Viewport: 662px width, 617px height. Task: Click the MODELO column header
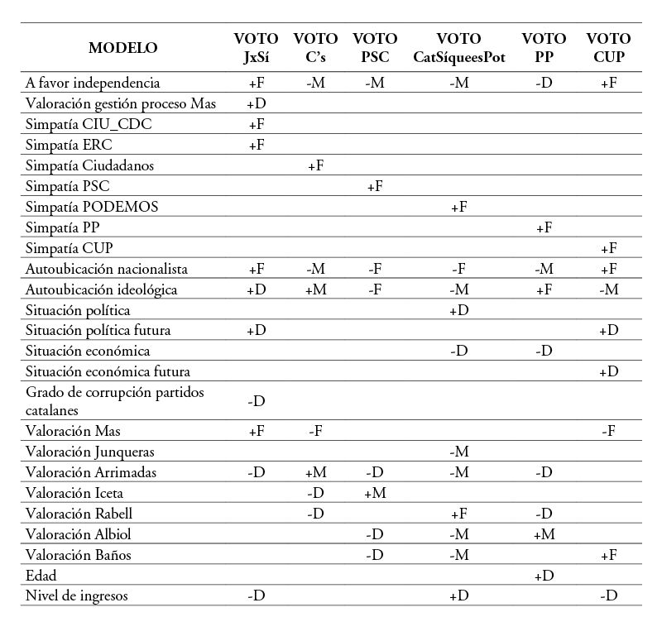[x=123, y=48]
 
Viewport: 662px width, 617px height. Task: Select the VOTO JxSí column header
[x=257, y=48]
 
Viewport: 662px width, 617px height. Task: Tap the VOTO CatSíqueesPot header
[x=458, y=48]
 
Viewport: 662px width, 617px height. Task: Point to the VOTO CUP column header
[x=608, y=48]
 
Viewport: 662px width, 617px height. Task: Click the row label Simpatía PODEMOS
[x=92, y=207]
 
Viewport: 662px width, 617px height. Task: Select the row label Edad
[x=41, y=574]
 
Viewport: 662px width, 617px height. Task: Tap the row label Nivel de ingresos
[x=77, y=595]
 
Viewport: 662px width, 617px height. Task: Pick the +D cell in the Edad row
[x=544, y=575]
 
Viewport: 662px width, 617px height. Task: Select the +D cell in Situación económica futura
[x=609, y=371]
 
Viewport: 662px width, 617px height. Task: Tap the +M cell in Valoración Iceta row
[x=375, y=493]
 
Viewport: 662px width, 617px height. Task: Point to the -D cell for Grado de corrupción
[x=257, y=401]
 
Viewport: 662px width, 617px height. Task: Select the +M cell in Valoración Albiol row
[x=544, y=534]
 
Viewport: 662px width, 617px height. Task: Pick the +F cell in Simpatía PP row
[x=544, y=227]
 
